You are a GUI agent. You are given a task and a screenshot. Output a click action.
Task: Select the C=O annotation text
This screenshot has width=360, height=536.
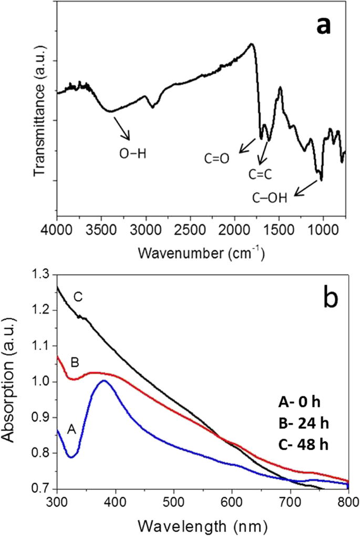pos(217,158)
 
